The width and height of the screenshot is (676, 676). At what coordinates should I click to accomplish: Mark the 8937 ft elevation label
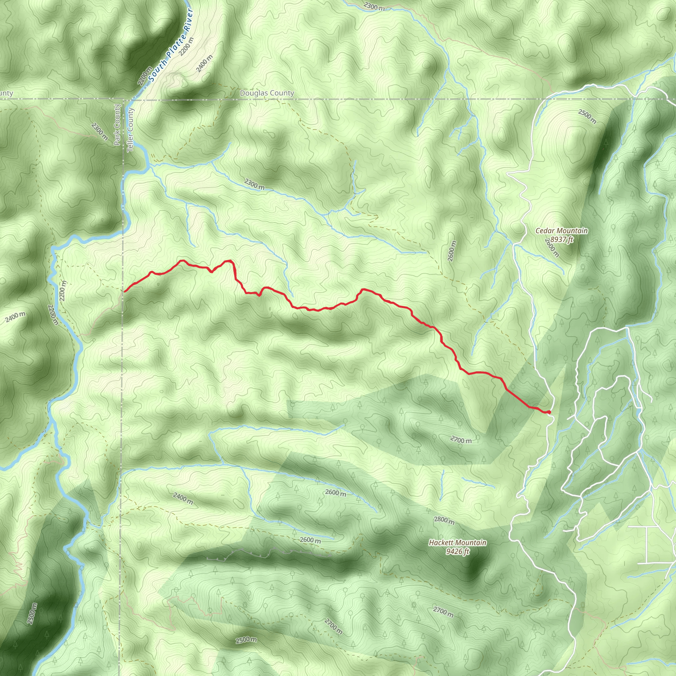click(561, 240)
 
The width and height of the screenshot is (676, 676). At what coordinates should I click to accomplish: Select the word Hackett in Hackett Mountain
click(442, 543)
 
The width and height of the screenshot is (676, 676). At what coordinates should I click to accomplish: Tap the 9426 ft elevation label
click(457, 552)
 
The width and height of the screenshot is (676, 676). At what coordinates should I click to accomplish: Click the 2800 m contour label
click(444, 521)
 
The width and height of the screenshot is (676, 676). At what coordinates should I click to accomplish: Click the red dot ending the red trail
click(549, 412)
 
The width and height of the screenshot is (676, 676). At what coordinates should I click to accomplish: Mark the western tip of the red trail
click(124, 291)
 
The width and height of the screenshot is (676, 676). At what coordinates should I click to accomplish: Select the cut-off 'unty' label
click(6, 93)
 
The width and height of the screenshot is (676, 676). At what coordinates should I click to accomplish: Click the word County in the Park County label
click(117, 116)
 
